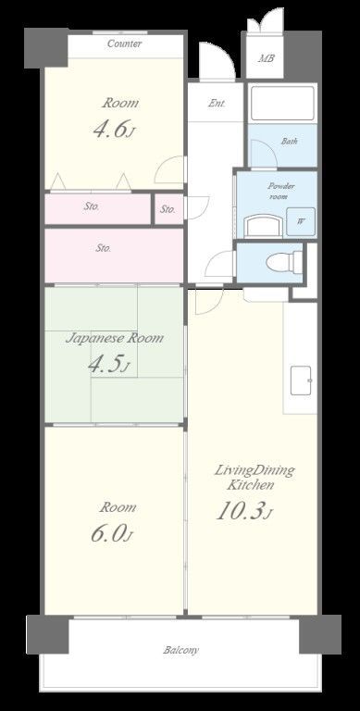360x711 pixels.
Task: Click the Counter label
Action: click(x=125, y=44)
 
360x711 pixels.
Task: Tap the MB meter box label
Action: click(x=266, y=58)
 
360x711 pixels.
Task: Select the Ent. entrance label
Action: click(x=217, y=104)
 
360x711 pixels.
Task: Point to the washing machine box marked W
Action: click(x=301, y=222)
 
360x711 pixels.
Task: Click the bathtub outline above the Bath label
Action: click(x=282, y=103)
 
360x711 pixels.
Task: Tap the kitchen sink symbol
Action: click(x=302, y=380)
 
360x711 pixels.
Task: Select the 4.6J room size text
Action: click(x=114, y=129)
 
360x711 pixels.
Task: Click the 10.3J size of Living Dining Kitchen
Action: click(x=244, y=511)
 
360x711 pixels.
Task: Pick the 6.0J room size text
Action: click(x=112, y=534)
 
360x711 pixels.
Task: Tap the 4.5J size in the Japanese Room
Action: click(x=109, y=364)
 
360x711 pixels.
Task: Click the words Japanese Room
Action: click(x=114, y=338)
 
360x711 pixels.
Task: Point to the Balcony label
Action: click(x=180, y=650)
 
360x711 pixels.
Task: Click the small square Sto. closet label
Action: click(x=168, y=209)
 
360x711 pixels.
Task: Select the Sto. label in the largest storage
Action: click(x=103, y=248)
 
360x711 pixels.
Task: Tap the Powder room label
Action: click(x=280, y=191)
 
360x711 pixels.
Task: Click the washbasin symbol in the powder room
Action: click(x=264, y=225)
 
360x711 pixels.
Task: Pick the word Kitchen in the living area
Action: click(x=250, y=485)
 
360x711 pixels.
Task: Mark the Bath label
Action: click(x=290, y=141)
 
